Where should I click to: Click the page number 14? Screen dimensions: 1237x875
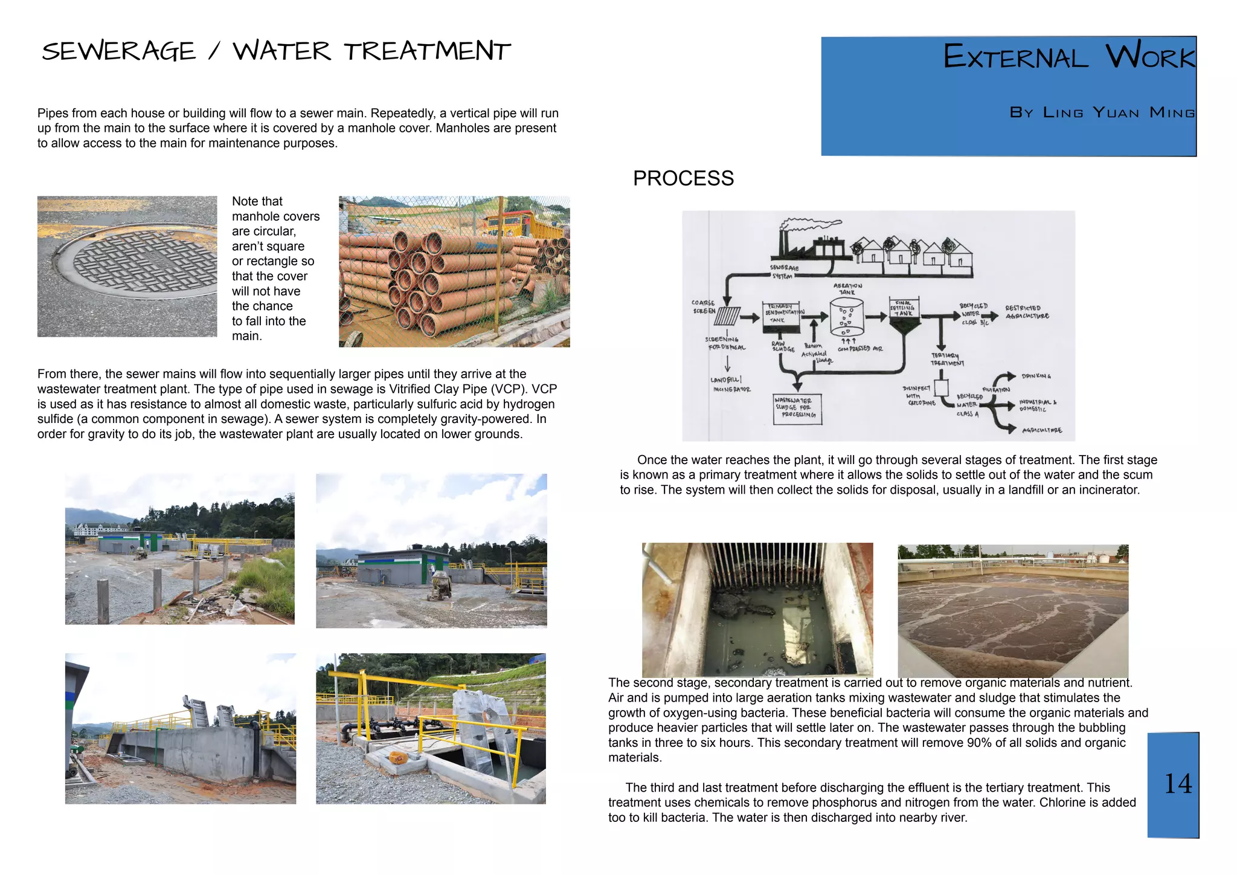coord(1178,784)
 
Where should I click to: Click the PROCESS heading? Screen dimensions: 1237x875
coord(683,178)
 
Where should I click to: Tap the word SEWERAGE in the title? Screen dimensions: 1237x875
coord(119,51)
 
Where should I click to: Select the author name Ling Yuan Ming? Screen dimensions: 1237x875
coord(1119,112)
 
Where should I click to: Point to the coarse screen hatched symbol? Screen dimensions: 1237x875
coord(728,316)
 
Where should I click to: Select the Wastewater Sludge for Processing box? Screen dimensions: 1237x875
coord(797,408)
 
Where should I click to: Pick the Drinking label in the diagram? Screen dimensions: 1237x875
coord(1036,376)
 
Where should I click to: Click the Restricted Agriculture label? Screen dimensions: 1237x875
coord(1027,312)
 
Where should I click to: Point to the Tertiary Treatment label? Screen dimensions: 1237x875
coord(947,360)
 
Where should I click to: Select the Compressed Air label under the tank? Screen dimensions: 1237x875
coord(859,349)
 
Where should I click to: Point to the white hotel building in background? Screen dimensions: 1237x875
coord(100,529)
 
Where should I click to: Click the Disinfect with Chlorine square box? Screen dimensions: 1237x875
coord(941,387)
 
